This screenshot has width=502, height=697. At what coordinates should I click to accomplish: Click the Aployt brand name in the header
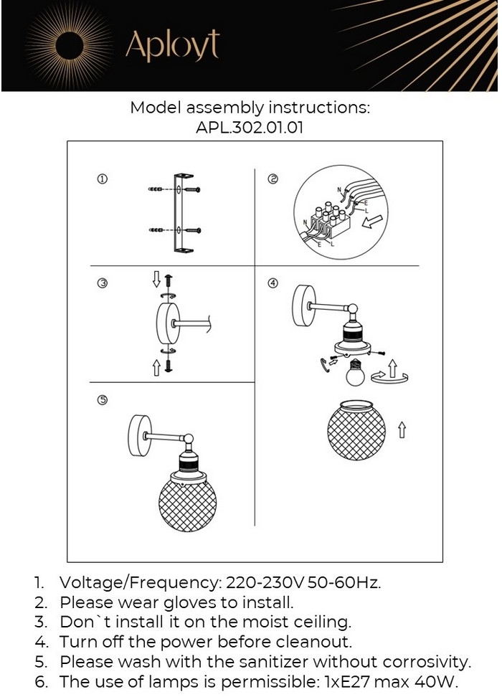click(x=172, y=45)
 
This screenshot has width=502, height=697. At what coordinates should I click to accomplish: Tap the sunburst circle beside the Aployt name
click(x=70, y=44)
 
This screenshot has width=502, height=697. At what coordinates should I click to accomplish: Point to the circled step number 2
click(x=273, y=179)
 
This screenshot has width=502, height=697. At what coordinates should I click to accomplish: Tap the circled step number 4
click(x=273, y=283)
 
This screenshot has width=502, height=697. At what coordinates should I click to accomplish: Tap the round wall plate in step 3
click(x=168, y=324)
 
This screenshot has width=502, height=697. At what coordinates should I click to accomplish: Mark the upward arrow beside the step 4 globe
click(x=402, y=430)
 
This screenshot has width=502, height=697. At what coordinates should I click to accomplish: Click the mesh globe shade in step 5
click(x=187, y=504)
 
